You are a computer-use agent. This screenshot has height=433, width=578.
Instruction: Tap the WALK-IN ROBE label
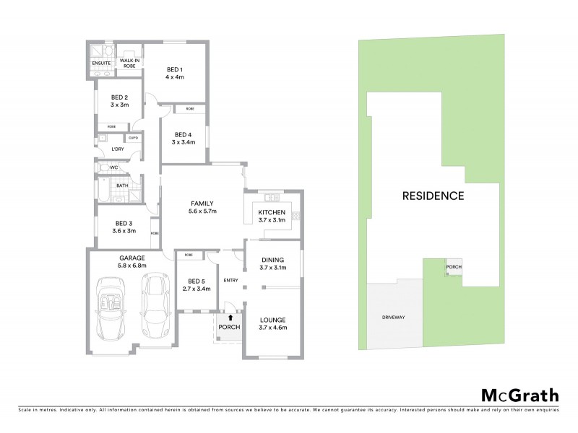129,64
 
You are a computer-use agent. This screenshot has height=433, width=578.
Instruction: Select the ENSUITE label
101,64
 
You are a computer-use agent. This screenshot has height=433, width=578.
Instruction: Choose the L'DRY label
116,149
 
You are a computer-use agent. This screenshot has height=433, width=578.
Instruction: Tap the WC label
113,167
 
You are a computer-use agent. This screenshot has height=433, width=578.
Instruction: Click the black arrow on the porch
230,316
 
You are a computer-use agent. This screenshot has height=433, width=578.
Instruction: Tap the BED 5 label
193,284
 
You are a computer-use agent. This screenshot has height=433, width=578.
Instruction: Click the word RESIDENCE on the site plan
433,195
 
